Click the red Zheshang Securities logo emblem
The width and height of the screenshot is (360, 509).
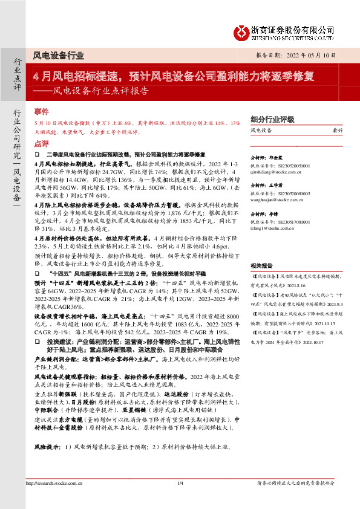pyautogui.click(x=242, y=30)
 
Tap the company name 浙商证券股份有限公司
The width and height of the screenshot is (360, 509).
pyautogui.click(x=293, y=28)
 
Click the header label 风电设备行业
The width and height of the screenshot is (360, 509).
pyautogui.click(x=59, y=55)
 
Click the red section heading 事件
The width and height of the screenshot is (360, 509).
pyautogui.click(x=41, y=112)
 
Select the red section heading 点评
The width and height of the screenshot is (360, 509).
pyautogui.click(x=41, y=144)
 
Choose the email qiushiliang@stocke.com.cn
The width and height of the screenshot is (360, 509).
pyautogui.click(x=275, y=172)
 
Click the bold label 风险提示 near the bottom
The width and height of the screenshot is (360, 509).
pyautogui.click(x=47, y=447)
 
